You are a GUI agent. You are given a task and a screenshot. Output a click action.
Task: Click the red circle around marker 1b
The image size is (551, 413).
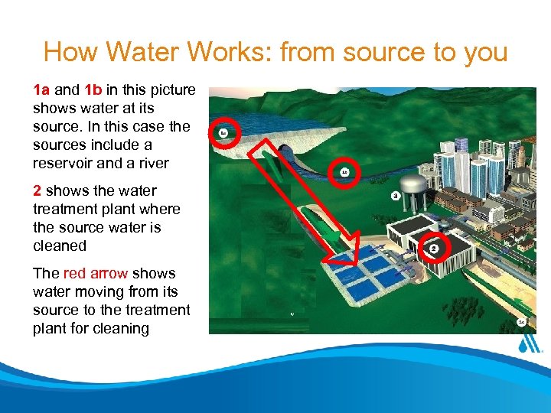[x=344, y=173]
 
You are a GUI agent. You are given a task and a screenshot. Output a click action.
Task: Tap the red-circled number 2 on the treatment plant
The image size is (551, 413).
[x=433, y=248]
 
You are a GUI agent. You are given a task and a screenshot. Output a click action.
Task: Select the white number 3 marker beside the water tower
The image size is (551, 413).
[x=395, y=196]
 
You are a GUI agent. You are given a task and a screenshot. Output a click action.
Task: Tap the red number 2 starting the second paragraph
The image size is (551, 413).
[x=37, y=190]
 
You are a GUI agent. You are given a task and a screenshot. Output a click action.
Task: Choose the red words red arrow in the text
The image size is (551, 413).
[x=96, y=273]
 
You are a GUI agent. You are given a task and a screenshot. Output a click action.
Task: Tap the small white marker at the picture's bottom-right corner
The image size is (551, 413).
[x=521, y=323]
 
